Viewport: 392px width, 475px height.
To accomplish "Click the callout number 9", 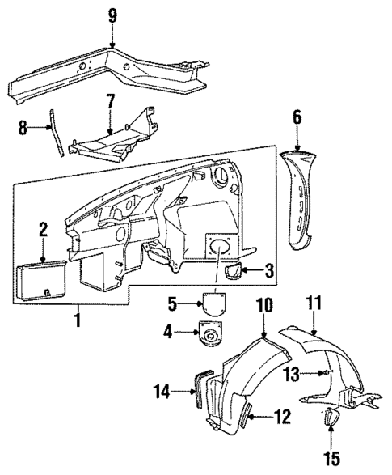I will [112, 14].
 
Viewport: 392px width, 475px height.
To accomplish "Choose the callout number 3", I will [270, 269].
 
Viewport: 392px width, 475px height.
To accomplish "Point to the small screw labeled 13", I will [322, 372].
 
